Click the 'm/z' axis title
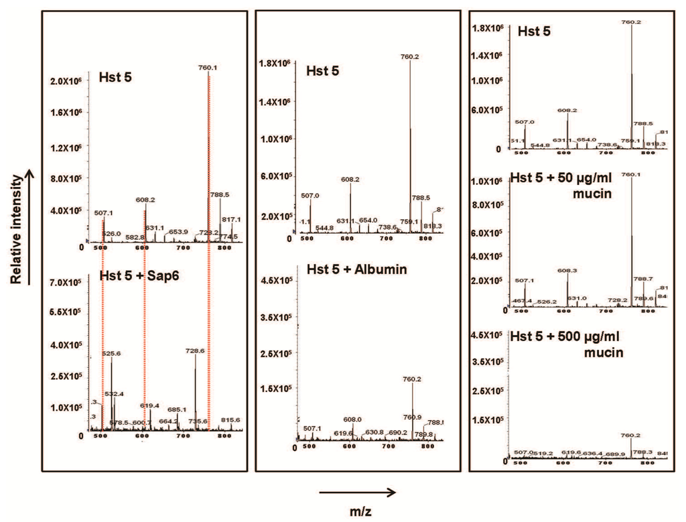point(360,511)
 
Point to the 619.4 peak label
point(149,405)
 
